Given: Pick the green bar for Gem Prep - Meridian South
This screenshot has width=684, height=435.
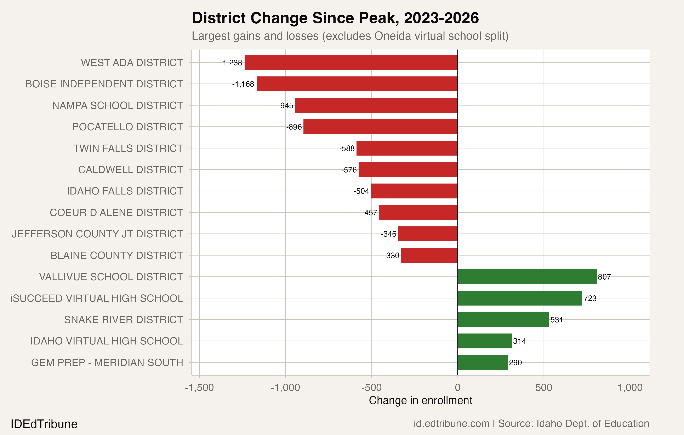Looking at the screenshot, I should [x=483, y=362].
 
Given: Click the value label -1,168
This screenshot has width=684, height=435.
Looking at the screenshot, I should [x=243, y=84].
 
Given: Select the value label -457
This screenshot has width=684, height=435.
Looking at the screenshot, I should [x=369, y=213].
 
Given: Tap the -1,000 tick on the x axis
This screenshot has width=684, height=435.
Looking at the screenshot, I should [x=285, y=388].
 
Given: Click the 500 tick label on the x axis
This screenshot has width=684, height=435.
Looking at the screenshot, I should [x=543, y=388].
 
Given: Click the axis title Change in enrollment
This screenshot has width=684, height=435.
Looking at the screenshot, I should [x=420, y=400].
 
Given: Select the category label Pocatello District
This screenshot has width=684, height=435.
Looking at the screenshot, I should [x=127, y=127].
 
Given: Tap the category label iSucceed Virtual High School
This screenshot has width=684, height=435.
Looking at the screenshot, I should [x=97, y=298].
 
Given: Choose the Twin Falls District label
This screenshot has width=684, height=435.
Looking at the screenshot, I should [x=128, y=148].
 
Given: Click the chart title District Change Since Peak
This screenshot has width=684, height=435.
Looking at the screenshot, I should [x=335, y=18].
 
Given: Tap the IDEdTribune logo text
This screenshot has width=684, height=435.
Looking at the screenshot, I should [x=44, y=424].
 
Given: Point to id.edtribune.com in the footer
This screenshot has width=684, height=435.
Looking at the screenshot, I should [x=451, y=424].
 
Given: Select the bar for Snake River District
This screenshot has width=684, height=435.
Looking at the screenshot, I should [x=503, y=319].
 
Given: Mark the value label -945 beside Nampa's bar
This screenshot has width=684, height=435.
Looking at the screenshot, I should [x=285, y=106].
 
